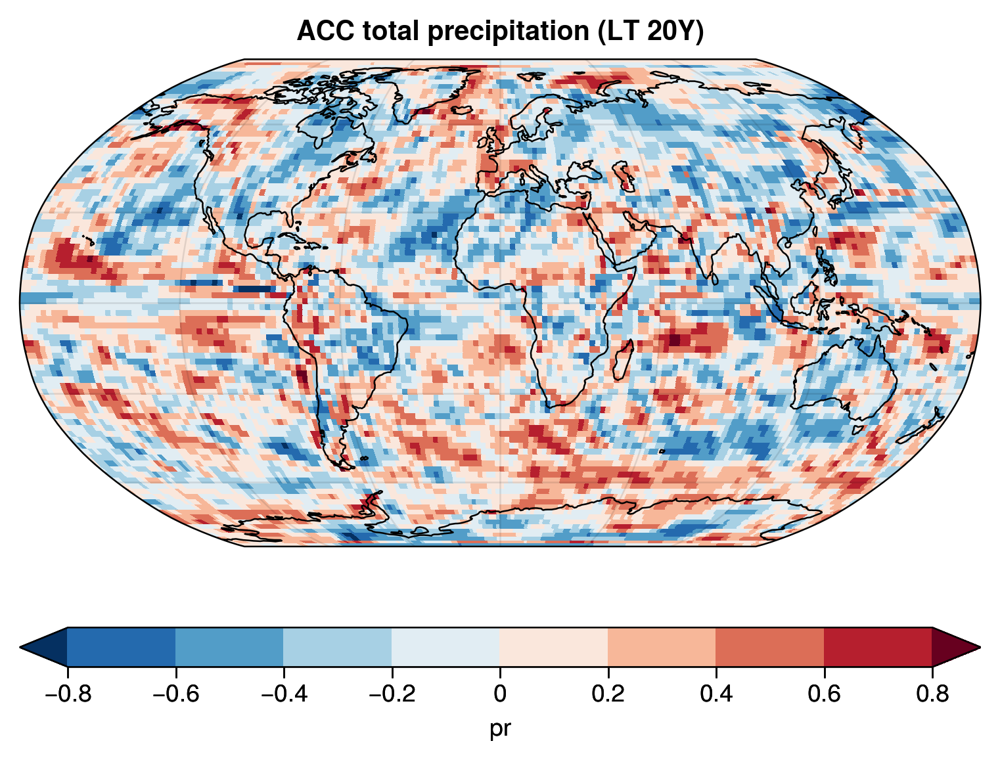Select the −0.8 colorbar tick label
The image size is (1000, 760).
tap(67, 694)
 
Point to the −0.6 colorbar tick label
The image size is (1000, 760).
tap(175, 694)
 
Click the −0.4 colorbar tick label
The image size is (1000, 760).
tap(283, 694)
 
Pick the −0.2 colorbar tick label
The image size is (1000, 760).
tap(391, 694)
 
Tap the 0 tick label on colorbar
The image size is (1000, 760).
tap(500, 694)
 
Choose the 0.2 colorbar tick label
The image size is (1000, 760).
tap(608, 694)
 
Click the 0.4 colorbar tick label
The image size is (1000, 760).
tap(716, 694)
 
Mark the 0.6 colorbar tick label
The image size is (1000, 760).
tap(824, 694)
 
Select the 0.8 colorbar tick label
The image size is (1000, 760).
tap(932, 694)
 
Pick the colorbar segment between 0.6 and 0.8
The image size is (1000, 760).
tap(878, 647)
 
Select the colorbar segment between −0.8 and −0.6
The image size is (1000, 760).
tap(121, 647)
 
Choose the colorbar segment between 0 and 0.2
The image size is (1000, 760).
tap(554, 647)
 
